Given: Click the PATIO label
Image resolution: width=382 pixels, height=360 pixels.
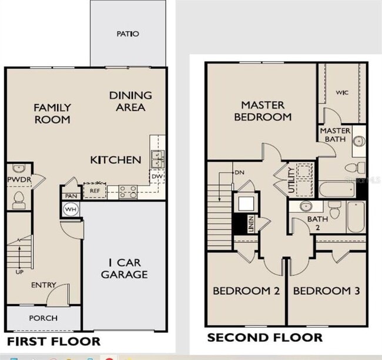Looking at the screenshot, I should click(128, 34).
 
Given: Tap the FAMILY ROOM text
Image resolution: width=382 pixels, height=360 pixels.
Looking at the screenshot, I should click(52, 113).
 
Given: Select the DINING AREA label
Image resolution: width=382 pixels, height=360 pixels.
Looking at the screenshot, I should click(130, 101).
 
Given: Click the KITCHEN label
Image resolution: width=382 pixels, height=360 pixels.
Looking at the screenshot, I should click(116, 160).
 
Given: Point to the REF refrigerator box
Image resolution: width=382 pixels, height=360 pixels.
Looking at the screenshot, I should click(94, 190).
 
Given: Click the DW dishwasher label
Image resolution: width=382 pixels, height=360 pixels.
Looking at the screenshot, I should click(157, 176).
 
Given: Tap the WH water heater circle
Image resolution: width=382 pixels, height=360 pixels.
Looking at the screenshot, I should click(71, 210).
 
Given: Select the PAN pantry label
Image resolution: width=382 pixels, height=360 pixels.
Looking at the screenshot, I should click(71, 196).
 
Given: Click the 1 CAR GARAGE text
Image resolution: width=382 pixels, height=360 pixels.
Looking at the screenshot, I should click(124, 269).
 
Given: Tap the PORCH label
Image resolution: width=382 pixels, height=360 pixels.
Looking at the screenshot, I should click(43, 318).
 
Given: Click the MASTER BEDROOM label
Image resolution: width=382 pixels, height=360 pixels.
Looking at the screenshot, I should click(263, 111).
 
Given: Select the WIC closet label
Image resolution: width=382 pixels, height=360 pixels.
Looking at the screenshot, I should click(343, 92).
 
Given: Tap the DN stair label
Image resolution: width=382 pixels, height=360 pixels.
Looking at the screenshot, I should click(239, 173).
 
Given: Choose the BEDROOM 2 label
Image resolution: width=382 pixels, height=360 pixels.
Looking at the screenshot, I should click(246, 291).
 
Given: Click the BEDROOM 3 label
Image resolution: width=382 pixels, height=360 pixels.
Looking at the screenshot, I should click(326, 291).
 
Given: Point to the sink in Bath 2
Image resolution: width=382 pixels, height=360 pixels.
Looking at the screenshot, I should click(305, 207).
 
